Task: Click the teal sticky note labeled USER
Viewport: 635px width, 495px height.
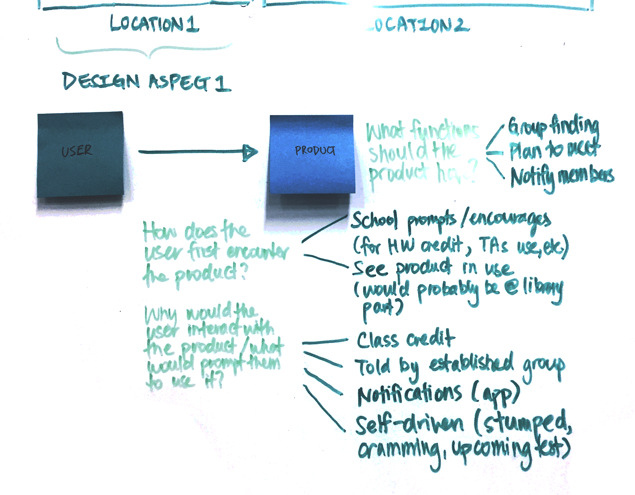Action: click(80, 154)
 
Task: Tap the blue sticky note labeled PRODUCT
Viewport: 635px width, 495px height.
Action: click(312, 154)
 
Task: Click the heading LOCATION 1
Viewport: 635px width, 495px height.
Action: click(154, 24)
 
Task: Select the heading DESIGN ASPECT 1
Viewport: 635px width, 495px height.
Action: click(147, 82)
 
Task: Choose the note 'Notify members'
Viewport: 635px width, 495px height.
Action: click(562, 177)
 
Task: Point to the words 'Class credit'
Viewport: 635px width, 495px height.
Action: click(406, 339)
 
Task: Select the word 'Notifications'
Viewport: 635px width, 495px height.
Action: click(409, 395)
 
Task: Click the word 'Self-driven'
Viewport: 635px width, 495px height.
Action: click(409, 424)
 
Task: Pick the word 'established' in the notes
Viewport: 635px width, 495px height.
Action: click(472, 363)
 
